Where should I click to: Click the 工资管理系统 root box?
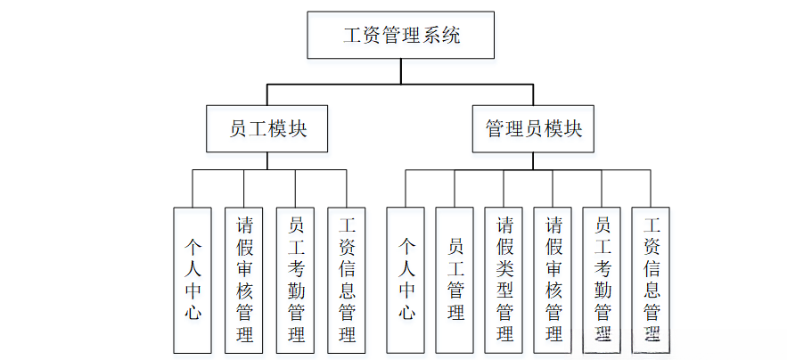(x=402, y=37)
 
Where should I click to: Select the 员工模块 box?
(x=268, y=129)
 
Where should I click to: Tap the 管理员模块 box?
(x=534, y=129)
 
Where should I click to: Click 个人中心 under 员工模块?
(x=193, y=279)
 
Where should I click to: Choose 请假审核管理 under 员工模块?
(x=243, y=279)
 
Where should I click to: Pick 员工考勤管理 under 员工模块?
(x=295, y=279)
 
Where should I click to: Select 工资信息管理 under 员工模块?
(x=347, y=279)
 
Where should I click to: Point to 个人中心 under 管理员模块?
(x=406, y=279)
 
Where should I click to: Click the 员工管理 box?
(x=455, y=279)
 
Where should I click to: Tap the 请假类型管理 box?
(x=504, y=279)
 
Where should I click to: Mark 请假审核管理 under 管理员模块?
(x=553, y=279)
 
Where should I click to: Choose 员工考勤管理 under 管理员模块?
(x=602, y=279)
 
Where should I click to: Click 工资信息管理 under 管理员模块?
(x=651, y=279)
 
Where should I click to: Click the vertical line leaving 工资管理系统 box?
(x=402, y=72)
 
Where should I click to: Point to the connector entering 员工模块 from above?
(x=268, y=95)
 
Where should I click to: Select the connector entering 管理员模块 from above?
(x=534, y=95)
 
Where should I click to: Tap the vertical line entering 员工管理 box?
(x=455, y=189)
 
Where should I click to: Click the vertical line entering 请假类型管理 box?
(x=504, y=189)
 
